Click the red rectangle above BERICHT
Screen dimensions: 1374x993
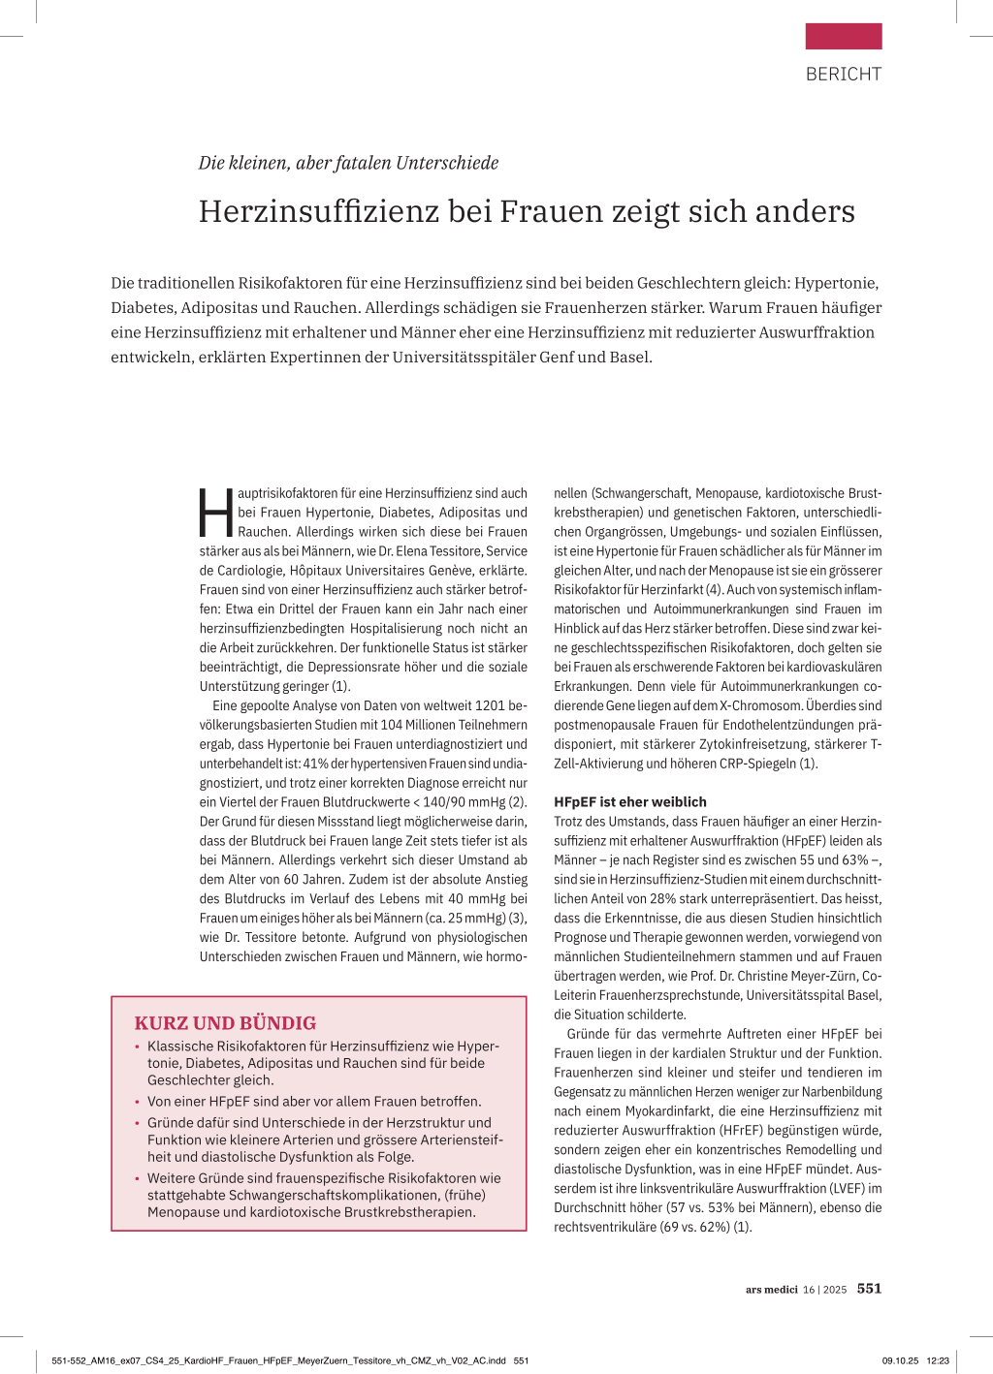pos(843,36)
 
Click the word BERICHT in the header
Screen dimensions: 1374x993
pos(843,74)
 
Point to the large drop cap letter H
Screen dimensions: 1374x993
pos(216,514)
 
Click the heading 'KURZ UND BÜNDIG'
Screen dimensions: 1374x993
pos(225,1023)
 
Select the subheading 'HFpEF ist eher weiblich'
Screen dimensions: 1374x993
pos(630,802)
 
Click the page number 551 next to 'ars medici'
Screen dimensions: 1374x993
pos(869,1289)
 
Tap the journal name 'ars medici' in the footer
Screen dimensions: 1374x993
pos(771,1290)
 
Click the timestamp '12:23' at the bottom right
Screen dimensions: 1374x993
pos(938,1360)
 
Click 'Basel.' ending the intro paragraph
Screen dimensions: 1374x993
pos(629,357)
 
